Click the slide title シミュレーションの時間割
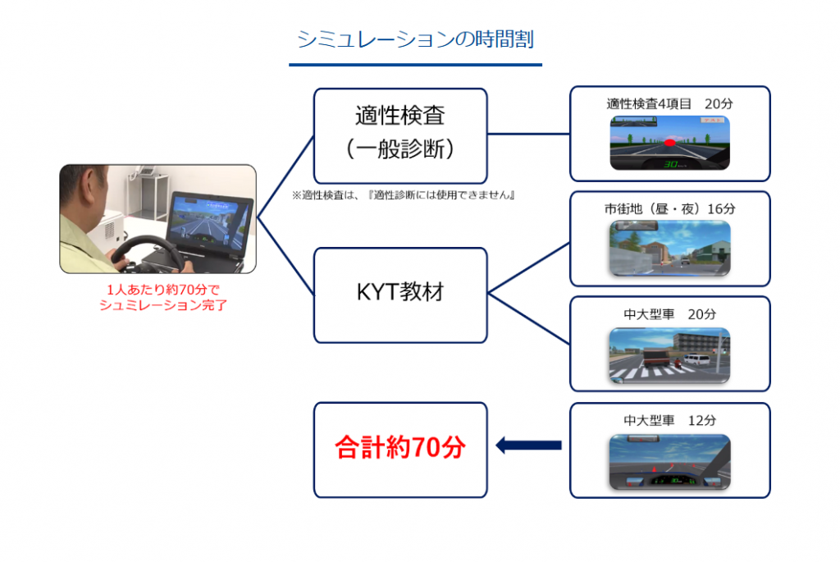tap(415, 39)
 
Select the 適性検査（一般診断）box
tap(400, 136)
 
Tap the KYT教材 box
tap(400, 295)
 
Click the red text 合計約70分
tap(400, 447)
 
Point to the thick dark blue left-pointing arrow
tap(528, 445)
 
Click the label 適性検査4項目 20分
tap(669, 103)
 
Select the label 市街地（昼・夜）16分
tap(669, 209)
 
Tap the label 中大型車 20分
tap(669, 314)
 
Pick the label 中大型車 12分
tap(669, 420)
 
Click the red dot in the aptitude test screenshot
tap(669, 143)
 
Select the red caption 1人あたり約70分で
tap(163, 290)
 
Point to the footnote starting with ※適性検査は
tap(404, 195)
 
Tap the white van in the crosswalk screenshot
tap(697, 359)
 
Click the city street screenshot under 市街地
tap(669, 249)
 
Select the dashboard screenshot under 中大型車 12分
tap(669, 462)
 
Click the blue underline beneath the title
tap(415, 65)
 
